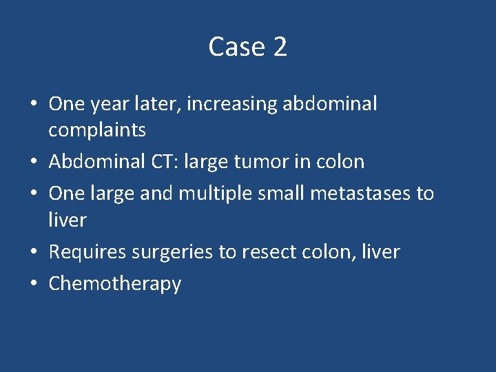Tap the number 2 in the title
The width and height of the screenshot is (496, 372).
(279, 48)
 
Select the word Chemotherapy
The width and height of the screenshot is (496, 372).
(115, 284)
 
